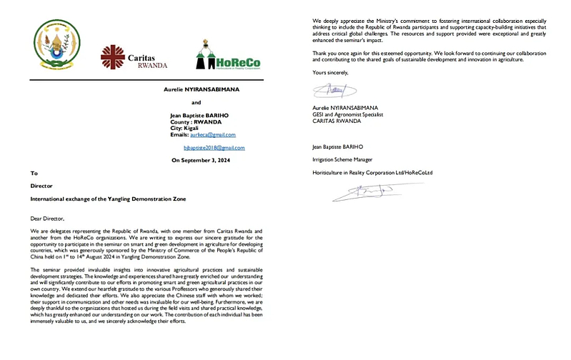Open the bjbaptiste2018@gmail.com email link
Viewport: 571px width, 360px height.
pos(214,148)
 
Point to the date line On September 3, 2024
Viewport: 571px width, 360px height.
pos(205,161)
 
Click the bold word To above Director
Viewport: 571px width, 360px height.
pos(34,174)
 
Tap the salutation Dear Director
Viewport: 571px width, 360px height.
pos(47,218)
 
